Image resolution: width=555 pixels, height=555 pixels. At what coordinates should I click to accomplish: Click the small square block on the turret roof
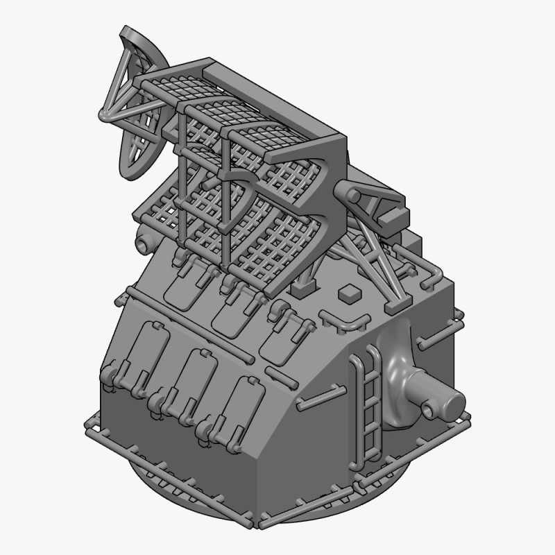click(x=348, y=294)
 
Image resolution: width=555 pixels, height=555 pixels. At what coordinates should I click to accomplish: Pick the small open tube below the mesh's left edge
click(x=143, y=244)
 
